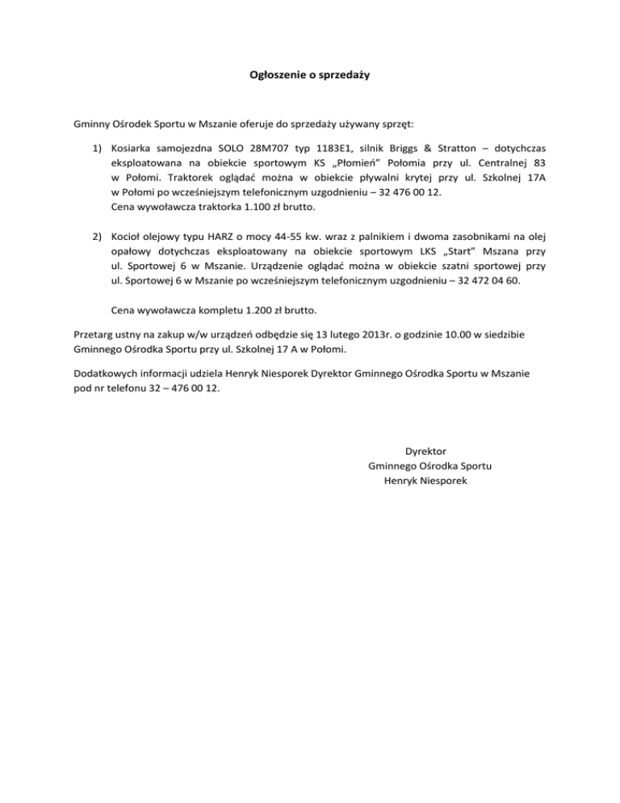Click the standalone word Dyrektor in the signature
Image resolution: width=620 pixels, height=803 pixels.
pos(426,451)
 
